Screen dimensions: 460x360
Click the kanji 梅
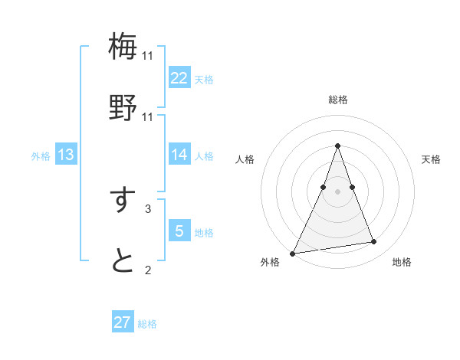click(123, 46)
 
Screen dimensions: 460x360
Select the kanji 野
click(123, 107)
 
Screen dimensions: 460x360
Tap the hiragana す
click(123, 200)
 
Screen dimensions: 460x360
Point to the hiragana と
click(123, 261)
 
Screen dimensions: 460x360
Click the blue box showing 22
click(179, 78)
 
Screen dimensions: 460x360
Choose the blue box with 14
click(179, 155)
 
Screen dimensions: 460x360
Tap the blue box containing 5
click(179, 231)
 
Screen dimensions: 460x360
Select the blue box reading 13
click(66, 155)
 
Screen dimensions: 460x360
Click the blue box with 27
click(123, 322)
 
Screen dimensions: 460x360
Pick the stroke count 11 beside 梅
click(147, 56)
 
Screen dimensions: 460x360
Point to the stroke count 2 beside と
click(147, 270)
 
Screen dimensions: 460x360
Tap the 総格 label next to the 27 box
click(147, 324)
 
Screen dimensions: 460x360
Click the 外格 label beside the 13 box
click(41, 155)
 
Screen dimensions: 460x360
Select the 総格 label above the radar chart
click(337, 100)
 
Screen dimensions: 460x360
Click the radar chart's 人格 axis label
click(245, 159)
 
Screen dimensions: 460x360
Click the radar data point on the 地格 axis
click(374, 242)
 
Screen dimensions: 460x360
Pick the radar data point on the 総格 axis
click(337, 146)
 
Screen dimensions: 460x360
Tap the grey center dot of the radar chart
click(337, 191)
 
